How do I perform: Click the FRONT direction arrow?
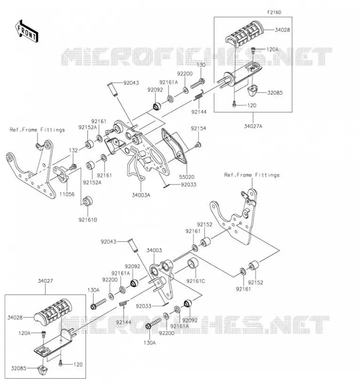pos(27,32)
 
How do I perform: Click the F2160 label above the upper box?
pos(274,12)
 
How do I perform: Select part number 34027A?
pos(253,126)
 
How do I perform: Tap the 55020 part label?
pos(187,177)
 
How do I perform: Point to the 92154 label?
pos(198,128)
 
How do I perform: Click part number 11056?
pos(67,194)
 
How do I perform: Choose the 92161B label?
pos(88,220)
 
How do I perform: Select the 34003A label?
pos(141,195)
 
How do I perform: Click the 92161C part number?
pos(196,281)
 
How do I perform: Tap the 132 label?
pos(73,150)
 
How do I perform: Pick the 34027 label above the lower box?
pos(45,281)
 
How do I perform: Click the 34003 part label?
pos(154,250)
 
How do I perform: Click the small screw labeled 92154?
pos(198,145)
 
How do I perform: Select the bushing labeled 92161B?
pos(87,201)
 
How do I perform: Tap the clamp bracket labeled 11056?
pos(61,173)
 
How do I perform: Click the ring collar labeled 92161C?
pos(193,263)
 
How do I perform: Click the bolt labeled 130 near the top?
pos(197,84)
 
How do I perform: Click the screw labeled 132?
pos(73,167)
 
